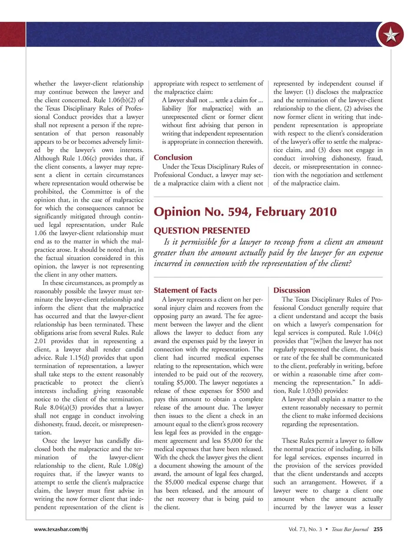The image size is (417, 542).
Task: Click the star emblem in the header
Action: click(390, 35)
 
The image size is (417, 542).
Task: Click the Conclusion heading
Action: click(173, 157)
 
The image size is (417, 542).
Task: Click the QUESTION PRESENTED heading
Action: click(202, 230)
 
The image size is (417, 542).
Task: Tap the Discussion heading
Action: click(291, 290)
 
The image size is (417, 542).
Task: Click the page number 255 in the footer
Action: click(378, 529)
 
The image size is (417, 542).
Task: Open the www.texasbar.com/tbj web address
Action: click(61, 529)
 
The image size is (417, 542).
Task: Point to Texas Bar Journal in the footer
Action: click(350, 529)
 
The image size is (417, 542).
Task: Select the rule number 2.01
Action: click(41, 341)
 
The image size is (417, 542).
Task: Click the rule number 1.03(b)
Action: click(311, 391)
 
